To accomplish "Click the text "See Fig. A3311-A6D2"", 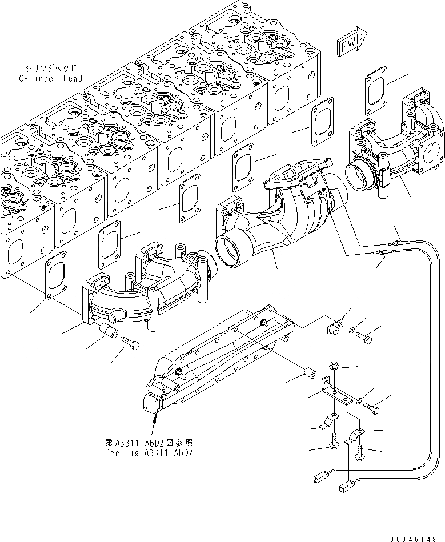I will [x=149, y=452].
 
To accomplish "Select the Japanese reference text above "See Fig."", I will [x=149, y=442].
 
